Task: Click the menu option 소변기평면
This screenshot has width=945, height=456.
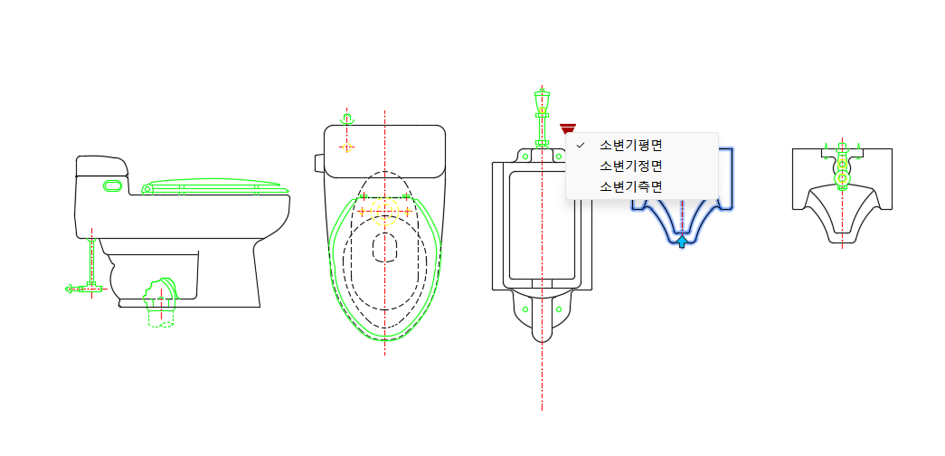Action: click(631, 145)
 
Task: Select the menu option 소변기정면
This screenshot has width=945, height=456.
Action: click(631, 166)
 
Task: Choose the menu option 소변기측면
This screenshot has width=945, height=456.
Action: click(631, 186)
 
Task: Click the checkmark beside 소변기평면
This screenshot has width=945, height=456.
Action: click(581, 145)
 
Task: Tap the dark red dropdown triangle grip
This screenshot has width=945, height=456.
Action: click(568, 128)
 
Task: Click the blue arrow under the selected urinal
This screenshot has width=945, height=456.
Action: click(682, 242)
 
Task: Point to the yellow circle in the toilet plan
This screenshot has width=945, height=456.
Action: click(384, 211)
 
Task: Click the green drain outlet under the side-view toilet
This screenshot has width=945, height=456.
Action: click(161, 302)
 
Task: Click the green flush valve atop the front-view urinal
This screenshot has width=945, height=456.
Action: click(543, 119)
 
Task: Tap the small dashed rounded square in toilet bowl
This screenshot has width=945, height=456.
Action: click(385, 247)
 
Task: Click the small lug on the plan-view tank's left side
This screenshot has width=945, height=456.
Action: click(319, 163)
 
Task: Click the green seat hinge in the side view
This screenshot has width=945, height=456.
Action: click(146, 189)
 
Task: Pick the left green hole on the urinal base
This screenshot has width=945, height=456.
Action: click(524, 309)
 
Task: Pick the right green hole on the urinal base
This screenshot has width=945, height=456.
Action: click(559, 309)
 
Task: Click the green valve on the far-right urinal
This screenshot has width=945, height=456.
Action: click(843, 166)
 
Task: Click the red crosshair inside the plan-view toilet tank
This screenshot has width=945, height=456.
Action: click(346, 147)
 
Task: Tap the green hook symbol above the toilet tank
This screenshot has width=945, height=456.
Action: click(346, 119)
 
